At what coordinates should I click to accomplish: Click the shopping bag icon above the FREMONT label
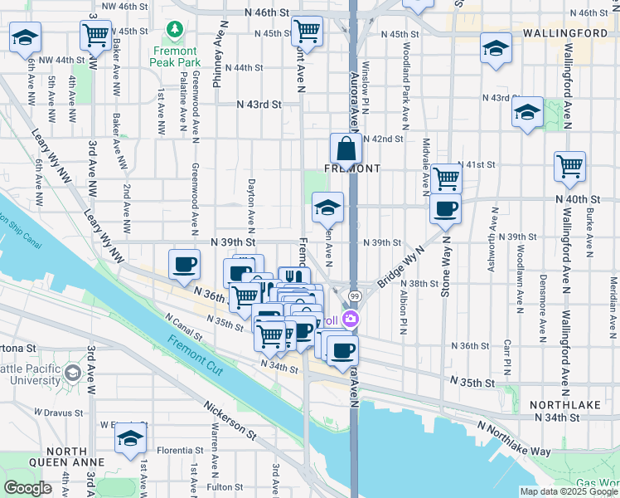click(345, 149)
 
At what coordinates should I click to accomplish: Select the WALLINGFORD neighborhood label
click(565, 33)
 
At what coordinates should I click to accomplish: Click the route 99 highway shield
click(354, 296)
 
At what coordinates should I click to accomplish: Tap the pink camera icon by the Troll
click(351, 318)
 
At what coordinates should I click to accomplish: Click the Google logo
click(27, 488)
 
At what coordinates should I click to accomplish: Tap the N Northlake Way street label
click(515, 438)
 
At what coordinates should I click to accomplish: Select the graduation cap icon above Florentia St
click(130, 440)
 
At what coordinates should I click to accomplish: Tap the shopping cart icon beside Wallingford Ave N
click(569, 166)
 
